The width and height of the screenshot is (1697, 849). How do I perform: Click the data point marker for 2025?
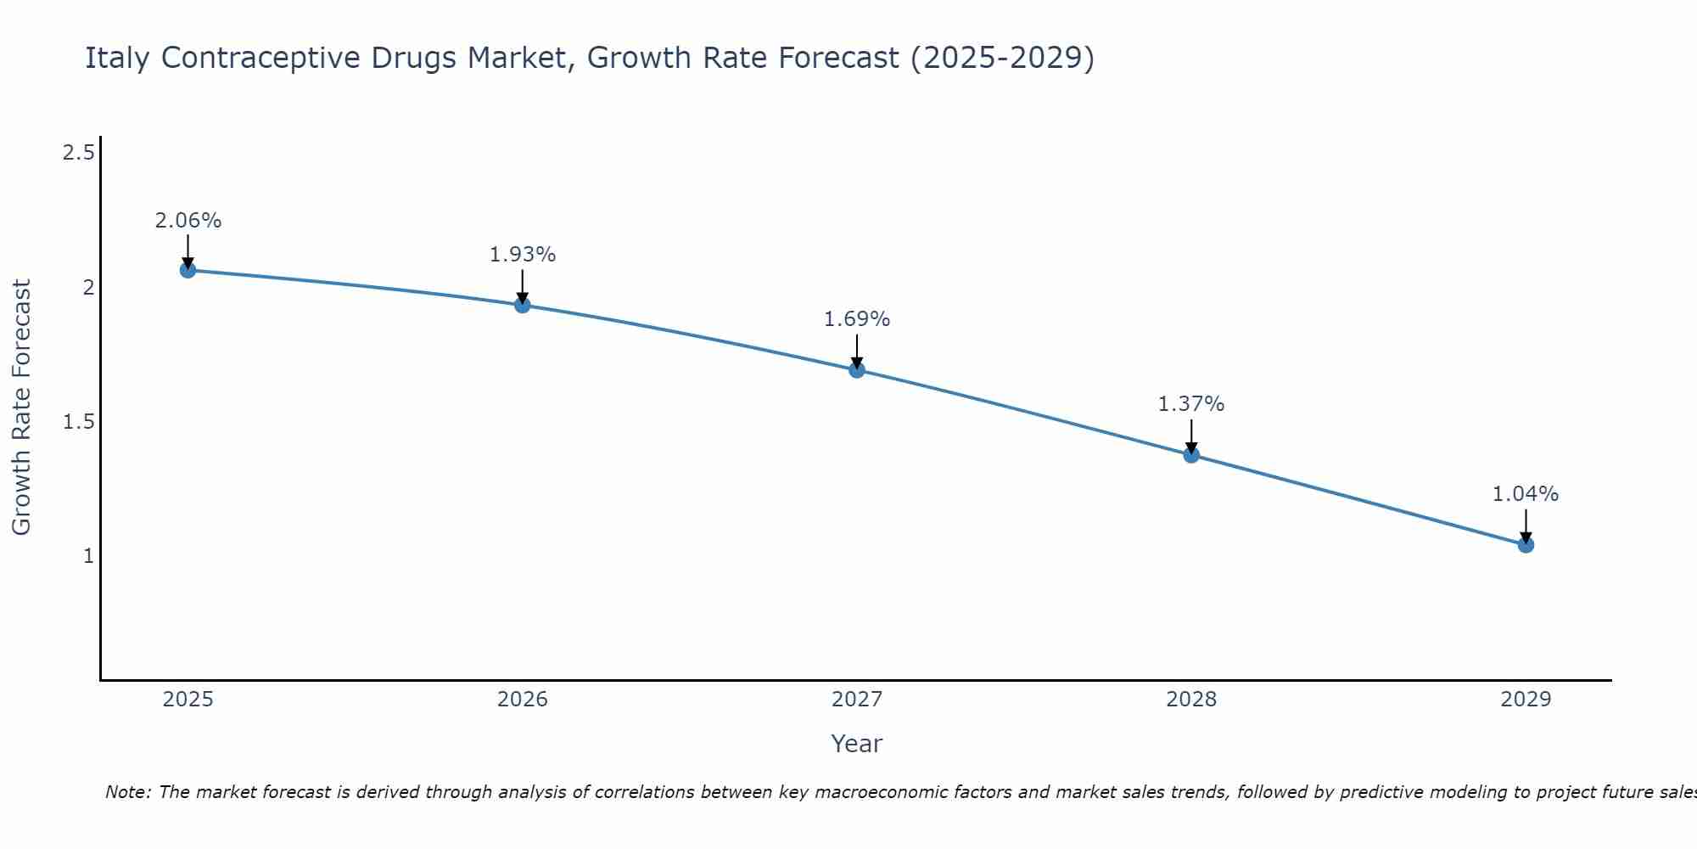(x=188, y=270)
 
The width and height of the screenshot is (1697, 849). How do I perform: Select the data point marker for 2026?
(x=523, y=305)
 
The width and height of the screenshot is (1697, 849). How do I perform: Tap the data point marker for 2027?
(x=857, y=369)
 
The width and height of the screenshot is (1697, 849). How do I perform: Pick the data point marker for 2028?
(x=1191, y=454)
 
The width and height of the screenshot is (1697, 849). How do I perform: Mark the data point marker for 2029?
(x=1526, y=544)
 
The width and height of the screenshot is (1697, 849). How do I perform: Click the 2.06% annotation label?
(x=188, y=221)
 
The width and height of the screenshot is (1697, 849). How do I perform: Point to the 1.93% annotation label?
(x=523, y=255)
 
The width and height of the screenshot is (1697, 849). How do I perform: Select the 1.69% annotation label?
(x=857, y=319)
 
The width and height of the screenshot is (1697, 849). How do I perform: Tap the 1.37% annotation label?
(x=1191, y=404)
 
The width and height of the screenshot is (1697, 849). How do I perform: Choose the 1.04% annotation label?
(x=1526, y=494)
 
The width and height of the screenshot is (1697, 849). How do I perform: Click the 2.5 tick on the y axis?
(x=78, y=153)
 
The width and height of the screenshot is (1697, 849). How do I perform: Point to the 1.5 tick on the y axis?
(x=78, y=422)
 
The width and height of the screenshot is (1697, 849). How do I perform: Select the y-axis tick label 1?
(x=87, y=556)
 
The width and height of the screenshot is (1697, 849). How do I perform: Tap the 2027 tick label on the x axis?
(x=857, y=700)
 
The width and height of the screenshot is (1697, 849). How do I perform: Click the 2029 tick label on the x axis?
(x=1526, y=700)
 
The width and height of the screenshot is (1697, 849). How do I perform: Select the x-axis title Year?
(x=857, y=744)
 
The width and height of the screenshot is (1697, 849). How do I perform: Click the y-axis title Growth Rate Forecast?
(x=22, y=408)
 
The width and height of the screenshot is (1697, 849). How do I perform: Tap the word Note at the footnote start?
(x=127, y=792)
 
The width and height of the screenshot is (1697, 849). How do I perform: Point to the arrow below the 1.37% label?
(x=1191, y=436)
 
